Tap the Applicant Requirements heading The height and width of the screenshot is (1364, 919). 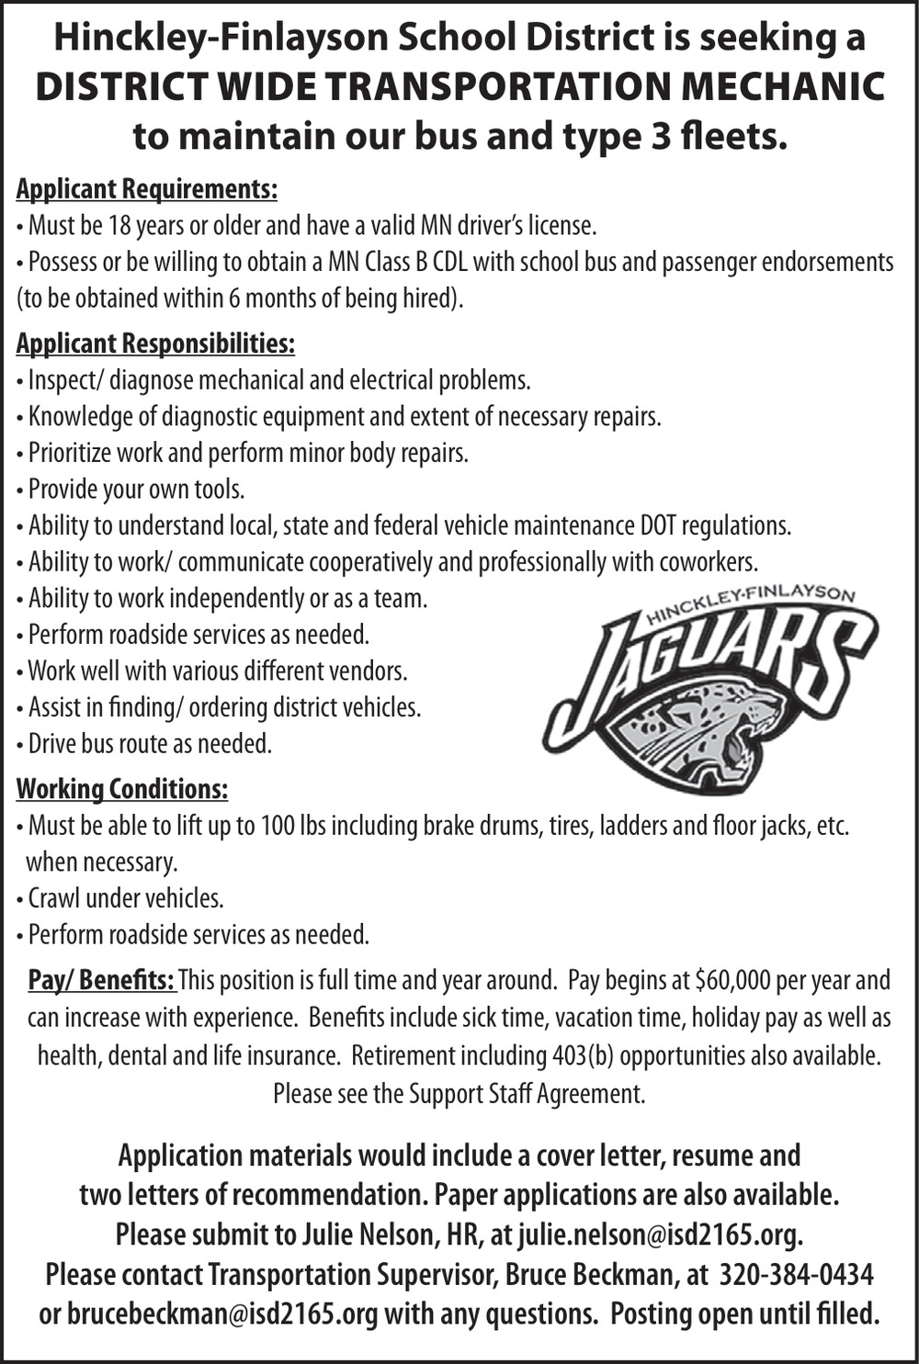(x=147, y=189)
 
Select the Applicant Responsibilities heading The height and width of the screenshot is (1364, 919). (x=155, y=344)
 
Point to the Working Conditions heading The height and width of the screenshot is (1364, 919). (x=122, y=789)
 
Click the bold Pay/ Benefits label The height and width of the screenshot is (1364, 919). (x=101, y=980)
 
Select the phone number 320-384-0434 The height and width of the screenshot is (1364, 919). (x=796, y=1275)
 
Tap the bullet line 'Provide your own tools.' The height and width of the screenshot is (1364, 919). (x=136, y=490)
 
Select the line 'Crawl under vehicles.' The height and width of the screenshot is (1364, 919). (x=126, y=897)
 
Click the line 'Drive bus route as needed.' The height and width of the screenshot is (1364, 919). (x=150, y=743)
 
